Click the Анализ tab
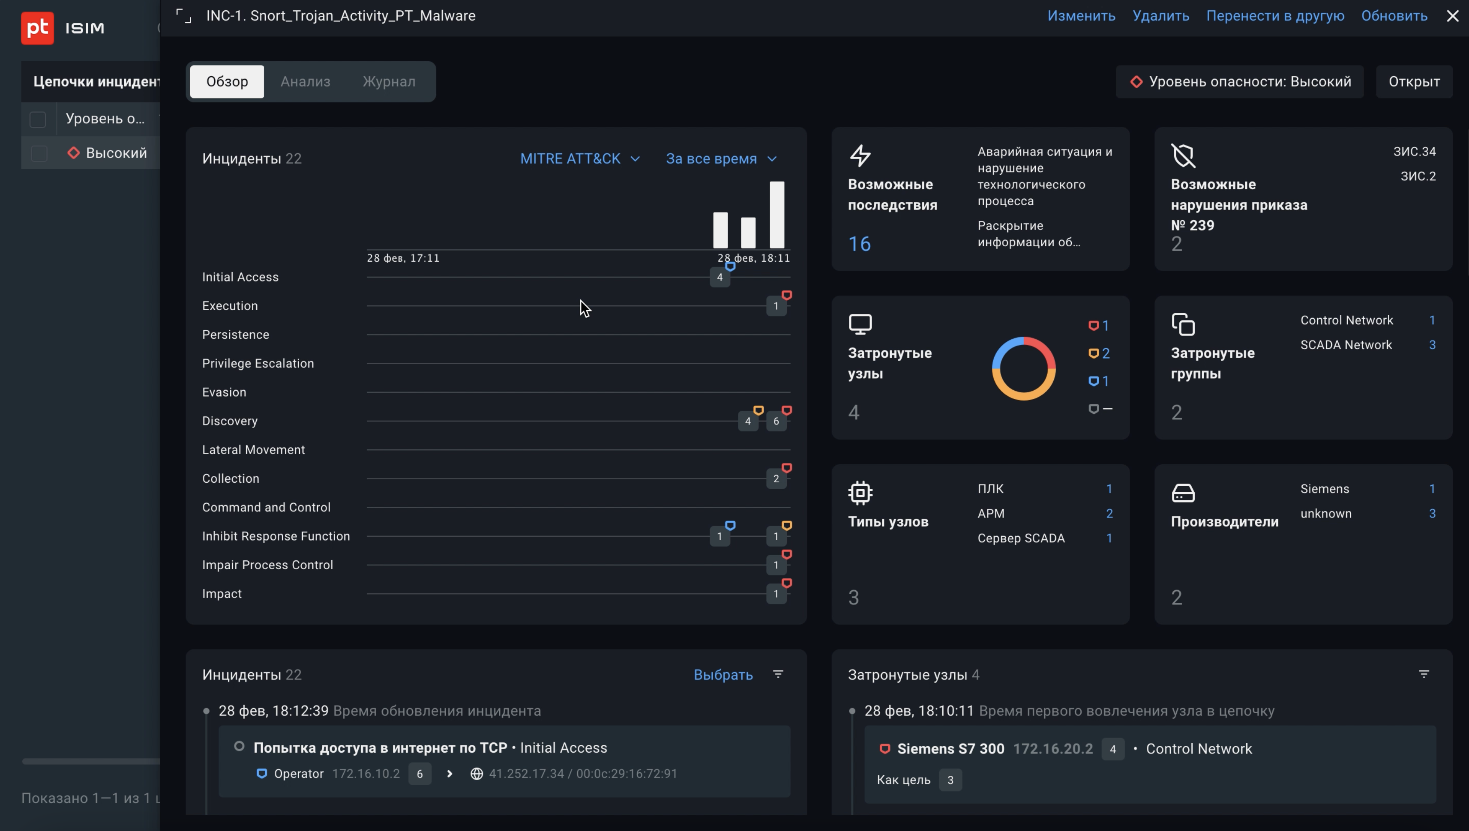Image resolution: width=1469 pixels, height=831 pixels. tap(305, 82)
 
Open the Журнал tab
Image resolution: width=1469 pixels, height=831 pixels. tap(389, 82)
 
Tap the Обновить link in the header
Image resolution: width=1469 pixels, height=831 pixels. tap(1394, 16)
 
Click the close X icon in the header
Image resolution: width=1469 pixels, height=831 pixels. tap(1452, 16)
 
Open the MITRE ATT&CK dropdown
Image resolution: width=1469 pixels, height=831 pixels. tap(579, 158)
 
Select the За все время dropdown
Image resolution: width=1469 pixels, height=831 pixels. tap(720, 158)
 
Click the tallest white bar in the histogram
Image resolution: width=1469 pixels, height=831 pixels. tap(776, 215)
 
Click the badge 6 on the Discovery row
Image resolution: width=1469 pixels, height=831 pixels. tap(776, 421)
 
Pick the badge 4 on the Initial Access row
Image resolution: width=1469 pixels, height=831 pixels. tap(720, 278)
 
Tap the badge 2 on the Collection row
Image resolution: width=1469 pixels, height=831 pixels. tap(776, 479)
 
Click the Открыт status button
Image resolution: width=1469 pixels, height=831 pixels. tap(1414, 82)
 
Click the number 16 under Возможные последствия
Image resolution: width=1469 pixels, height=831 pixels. tap(859, 244)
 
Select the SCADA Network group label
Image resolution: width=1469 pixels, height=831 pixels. tap(1346, 345)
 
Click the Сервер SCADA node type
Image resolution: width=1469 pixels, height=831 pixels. tap(1020, 538)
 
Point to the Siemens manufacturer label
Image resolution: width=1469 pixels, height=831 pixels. tap(1325, 489)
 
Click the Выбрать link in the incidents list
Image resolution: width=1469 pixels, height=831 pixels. tap(723, 675)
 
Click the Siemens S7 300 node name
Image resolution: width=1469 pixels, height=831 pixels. tap(950, 749)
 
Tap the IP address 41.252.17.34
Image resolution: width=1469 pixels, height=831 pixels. tap(526, 774)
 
